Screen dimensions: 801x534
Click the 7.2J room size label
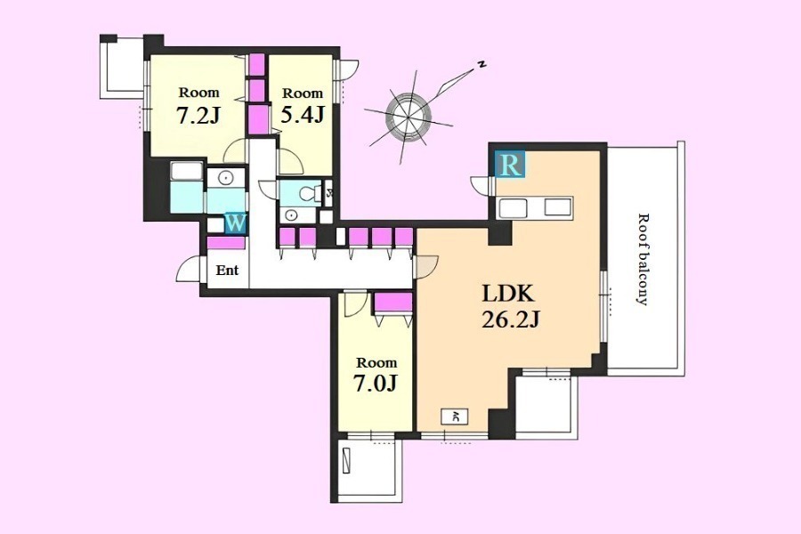click(198, 116)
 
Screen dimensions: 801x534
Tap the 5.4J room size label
click(303, 115)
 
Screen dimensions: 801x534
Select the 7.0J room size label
click(376, 384)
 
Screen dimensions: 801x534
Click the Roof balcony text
click(643, 259)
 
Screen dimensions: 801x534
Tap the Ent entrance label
click(227, 270)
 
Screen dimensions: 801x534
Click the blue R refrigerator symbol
click(509, 165)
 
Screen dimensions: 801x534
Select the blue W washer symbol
click(235, 223)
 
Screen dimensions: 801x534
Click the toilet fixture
click(309, 194)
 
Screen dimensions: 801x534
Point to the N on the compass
click(481, 64)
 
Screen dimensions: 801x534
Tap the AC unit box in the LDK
click(455, 417)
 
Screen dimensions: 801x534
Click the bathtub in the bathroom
click(187, 172)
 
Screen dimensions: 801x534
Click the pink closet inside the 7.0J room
click(392, 302)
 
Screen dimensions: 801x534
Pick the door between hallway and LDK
click(426, 267)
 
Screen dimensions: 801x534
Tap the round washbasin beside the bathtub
click(224, 178)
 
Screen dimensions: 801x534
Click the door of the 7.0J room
click(355, 303)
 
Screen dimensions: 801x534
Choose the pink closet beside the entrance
click(226, 243)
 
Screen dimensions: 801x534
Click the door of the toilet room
click(268, 189)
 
